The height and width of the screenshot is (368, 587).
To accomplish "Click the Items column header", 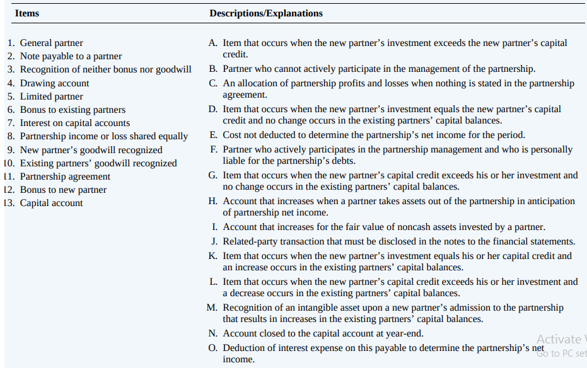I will tap(26, 13).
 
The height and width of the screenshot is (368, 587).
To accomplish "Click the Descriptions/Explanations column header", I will tap(266, 13).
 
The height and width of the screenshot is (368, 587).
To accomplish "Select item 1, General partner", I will tap(51, 43).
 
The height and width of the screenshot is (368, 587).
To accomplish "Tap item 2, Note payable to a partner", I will tap(71, 56).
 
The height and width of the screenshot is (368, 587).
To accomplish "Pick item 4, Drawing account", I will tap(54, 83).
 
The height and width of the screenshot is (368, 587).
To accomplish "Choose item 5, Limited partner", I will tap(51, 96).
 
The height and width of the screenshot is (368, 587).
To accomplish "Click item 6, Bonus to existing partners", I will tap(73, 110).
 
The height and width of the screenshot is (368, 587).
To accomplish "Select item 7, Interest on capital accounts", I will tap(74, 123).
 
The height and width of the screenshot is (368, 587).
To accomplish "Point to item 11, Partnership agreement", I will tap(65, 176).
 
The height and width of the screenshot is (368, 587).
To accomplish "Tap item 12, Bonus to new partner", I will tap(63, 190).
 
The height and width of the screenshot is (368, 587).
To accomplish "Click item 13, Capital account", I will tap(51, 203).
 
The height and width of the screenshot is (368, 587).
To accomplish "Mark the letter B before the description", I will tap(214, 69).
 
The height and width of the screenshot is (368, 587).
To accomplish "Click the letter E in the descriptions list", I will tap(214, 135).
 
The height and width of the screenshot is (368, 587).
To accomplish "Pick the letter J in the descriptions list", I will tap(214, 241).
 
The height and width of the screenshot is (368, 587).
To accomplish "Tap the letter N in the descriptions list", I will tap(214, 333).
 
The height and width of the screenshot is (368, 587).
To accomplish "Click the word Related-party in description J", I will tap(248, 241).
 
